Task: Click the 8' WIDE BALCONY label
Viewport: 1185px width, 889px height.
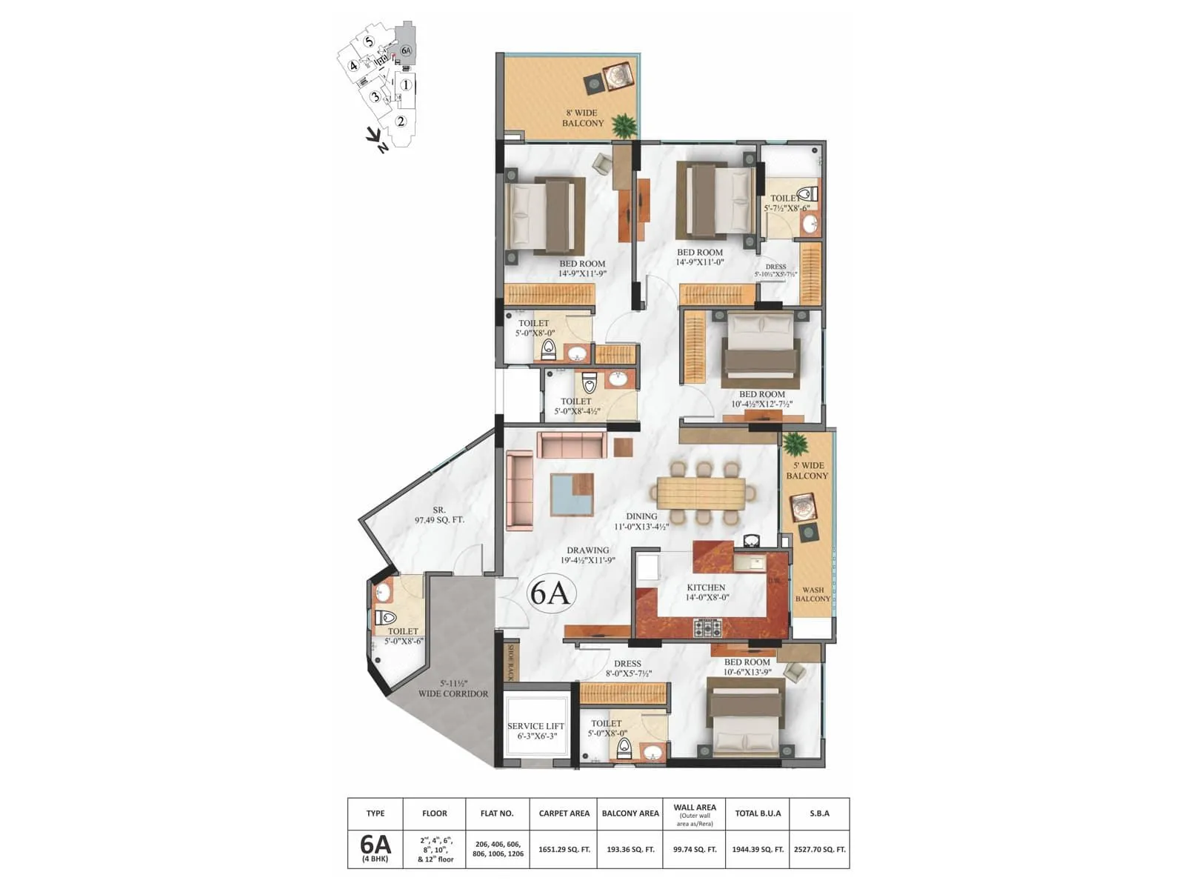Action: click(x=583, y=119)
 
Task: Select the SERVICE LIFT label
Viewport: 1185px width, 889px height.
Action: click(x=536, y=731)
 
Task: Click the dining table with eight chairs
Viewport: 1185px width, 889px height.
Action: click(x=700, y=493)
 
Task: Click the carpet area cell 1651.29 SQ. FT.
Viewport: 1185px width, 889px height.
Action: click(x=564, y=849)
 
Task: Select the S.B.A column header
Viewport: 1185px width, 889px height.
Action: click(x=819, y=813)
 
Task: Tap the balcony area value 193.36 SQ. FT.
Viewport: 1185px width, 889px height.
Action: click(x=630, y=849)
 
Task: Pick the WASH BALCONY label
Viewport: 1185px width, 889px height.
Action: click(x=812, y=594)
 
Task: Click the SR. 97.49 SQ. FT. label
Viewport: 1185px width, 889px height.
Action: click(x=439, y=515)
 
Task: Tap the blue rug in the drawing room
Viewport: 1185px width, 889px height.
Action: click(x=571, y=494)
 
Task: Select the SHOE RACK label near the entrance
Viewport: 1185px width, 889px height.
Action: click(x=510, y=662)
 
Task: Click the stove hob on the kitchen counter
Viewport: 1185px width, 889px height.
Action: click(x=707, y=629)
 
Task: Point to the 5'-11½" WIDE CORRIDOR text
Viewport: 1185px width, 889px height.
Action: click(x=453, y=689)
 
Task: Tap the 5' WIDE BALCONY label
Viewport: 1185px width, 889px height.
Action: click(x=807, y=470)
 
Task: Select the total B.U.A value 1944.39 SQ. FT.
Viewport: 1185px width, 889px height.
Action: click(x=758, y=849)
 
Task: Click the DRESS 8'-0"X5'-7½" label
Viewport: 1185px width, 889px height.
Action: click(x=627, y=669)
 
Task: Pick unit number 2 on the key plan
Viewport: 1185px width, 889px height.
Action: click(x=401, y=121)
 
